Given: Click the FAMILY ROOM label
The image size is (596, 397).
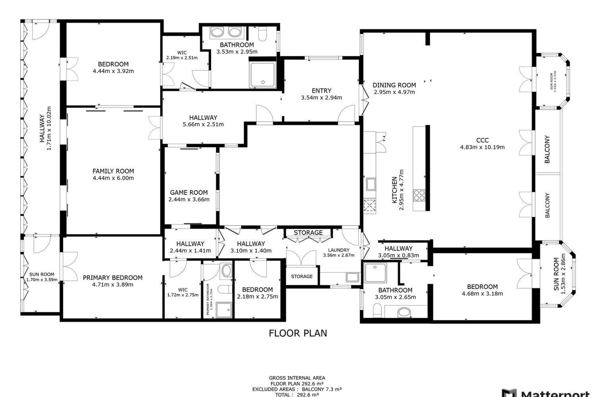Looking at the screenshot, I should (x=113, y=171).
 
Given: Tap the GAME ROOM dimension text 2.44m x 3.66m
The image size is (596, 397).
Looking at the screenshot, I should (x=189, y=199).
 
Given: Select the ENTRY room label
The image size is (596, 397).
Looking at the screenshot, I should (x=321, y=91).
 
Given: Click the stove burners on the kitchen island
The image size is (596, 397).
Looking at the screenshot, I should (x=419, y=195).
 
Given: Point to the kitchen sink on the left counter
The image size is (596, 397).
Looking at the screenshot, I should (x=371, y=184).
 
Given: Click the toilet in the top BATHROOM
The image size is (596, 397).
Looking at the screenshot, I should (x=262, y=34).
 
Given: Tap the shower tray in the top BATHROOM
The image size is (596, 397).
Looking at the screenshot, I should (x=262, y=75).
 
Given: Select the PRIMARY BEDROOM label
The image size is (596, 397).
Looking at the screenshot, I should (x=113, y=278).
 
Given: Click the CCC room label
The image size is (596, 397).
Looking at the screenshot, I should (x=482, y=140).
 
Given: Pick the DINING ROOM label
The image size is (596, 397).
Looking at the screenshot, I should (x=394, y=85).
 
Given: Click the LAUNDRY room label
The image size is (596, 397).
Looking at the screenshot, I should (x=339, y=250).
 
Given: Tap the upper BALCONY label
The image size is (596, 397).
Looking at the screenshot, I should (x=547, y=149).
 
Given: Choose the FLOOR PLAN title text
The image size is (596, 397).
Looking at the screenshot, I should (x=298, y=333).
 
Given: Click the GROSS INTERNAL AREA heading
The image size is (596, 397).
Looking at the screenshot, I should (x=297, y=378).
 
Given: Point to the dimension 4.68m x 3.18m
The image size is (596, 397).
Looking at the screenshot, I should (x=482, y=294).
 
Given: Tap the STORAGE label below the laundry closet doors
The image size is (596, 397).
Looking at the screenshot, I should (x=302, y=276).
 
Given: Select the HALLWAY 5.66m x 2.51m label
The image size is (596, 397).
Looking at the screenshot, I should (x=203, y=118).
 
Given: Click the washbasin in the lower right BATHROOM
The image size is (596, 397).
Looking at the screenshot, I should (x=404, y=312).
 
